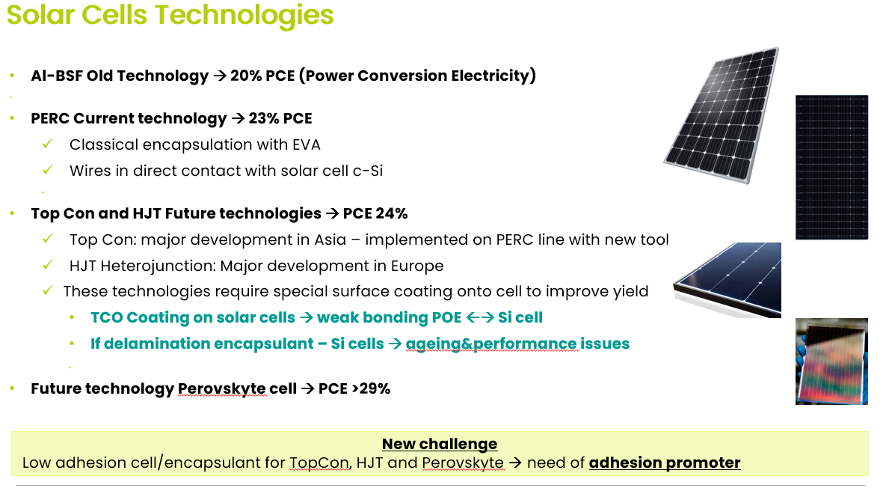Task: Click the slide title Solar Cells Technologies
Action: pos(170,15)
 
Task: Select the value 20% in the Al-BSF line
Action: pos(246,76)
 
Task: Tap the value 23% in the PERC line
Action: pos(264,118)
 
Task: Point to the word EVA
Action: pos(307,144)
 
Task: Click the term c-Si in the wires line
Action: pos(367,171)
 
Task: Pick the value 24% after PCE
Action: pos(391,213)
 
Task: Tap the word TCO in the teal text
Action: pos(107,317)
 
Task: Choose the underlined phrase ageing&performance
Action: pos(491,344)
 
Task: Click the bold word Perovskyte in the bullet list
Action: pos(221,388)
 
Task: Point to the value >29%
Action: pos(371,388)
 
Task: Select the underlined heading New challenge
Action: pos(440,444)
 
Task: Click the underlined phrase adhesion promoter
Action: pos(665,463)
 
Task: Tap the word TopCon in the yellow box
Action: pos(319,463)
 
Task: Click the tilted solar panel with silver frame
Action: pos(722,115)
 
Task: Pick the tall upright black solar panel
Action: pos(831,168)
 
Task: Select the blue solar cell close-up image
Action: pos(727,279)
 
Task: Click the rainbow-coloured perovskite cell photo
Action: pos(831,362)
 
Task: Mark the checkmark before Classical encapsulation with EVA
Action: pos(48,144)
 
